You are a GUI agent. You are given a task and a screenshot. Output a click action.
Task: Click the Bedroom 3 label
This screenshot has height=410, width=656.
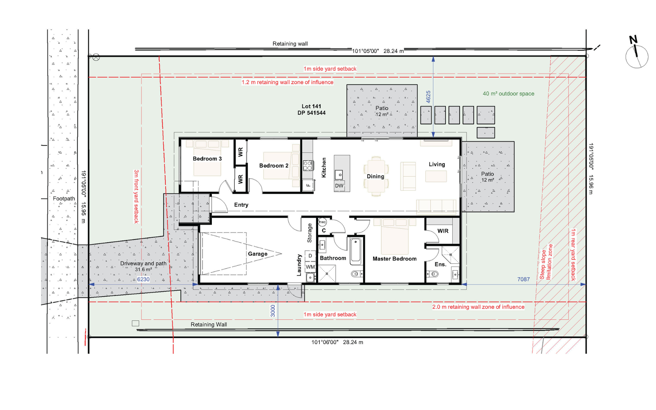coord(207,159)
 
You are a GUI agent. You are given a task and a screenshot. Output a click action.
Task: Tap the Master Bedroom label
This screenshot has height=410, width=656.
coord(395,259)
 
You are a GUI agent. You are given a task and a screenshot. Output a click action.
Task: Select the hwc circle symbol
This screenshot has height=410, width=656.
coord(322,222)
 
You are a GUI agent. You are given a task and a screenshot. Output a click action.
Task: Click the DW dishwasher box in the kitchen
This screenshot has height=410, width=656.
coord(339,186)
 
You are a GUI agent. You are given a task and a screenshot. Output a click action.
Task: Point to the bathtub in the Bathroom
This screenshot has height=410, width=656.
coord(356,251)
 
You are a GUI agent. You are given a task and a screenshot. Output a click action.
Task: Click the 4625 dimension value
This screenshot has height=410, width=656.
coord(428,97)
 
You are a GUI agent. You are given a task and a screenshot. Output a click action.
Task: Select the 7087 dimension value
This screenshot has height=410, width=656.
coord(523,279)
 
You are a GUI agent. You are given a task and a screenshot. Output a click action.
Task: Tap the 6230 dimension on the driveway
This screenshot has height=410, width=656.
coord(143,279)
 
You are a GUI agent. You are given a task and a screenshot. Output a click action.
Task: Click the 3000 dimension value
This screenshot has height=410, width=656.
coord(273,311)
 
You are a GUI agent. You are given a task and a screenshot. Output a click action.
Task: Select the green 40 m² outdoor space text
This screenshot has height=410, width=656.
coord(508,94)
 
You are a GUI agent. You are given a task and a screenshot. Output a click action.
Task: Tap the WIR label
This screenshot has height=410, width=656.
coord(443,231)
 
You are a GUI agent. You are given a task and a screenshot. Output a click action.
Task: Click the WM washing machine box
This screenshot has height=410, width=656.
coord(310,267)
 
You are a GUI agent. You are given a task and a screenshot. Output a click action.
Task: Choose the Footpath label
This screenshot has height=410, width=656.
coord(64,199)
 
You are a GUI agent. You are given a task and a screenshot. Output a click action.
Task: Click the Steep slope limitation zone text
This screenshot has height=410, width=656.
coord(546,262)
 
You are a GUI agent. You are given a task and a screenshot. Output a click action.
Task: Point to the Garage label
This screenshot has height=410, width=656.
coord(258,254)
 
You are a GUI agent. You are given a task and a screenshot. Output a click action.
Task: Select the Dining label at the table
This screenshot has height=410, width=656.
coord(375,176)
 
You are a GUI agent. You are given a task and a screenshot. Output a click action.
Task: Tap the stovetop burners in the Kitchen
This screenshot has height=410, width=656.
coord(308,166)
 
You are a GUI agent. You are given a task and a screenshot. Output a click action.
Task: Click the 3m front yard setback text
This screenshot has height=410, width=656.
coord(136,196)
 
